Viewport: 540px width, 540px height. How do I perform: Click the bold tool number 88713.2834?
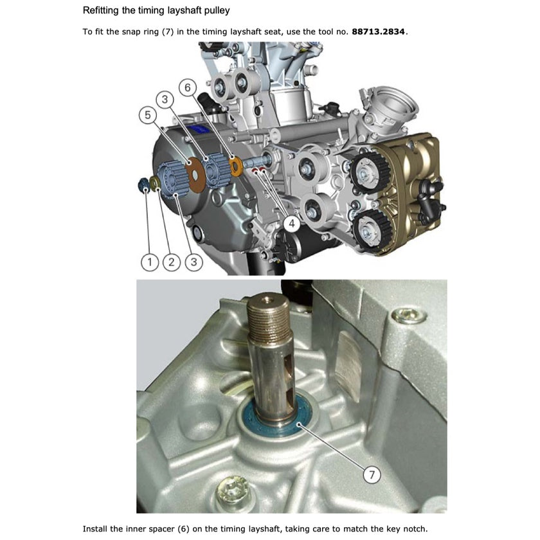click(x=379, y=31)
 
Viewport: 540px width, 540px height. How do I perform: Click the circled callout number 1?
click(x=150, y=261)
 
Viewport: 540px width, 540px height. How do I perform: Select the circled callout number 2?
click(x=171, y=261)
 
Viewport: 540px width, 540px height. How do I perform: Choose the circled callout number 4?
click(x=292, y=223)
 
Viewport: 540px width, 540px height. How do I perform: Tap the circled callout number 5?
click(x=147, y=115)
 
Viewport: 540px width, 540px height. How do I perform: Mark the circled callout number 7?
click(x=372, y=474)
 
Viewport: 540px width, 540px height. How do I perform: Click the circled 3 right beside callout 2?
click(x=192, y=261)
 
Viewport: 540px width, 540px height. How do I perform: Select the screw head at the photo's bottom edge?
click(x=232, y=492)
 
